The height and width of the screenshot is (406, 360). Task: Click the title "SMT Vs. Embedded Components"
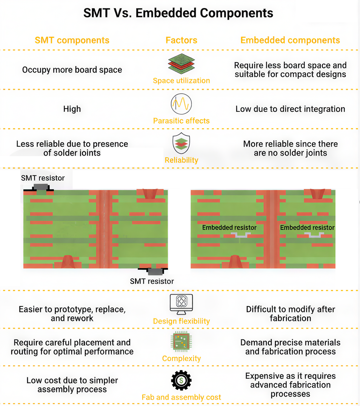[178, 13]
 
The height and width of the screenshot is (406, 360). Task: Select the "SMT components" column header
[72, 40]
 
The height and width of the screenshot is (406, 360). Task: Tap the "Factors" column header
[181, 40]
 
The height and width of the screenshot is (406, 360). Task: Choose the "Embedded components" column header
[290, 40]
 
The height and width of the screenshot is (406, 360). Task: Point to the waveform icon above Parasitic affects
[181, 104]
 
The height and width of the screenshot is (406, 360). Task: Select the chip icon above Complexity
[181, 342]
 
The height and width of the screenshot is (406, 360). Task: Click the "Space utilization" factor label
[181, 81]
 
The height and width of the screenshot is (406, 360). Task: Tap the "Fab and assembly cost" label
[181, 397]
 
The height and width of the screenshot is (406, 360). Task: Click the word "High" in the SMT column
[72, 109]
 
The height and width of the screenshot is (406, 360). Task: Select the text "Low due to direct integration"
[290, 109]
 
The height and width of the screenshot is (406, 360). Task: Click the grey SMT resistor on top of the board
[41, 187]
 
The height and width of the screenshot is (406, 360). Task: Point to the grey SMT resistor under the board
[155, 271]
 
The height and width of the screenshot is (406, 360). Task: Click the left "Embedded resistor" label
[229, 228]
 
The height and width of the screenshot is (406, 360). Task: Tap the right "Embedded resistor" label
[307, 228]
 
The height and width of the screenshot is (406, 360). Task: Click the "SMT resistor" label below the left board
[152, 281]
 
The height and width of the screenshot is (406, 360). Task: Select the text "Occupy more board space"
[72, 70]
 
